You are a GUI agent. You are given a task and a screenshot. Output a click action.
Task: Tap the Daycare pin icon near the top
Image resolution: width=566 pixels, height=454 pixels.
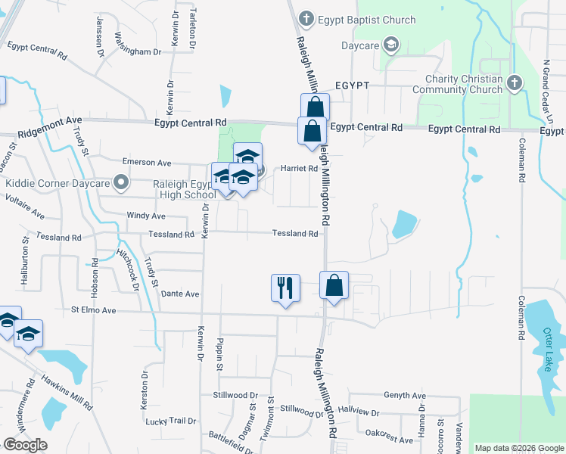point(391,45)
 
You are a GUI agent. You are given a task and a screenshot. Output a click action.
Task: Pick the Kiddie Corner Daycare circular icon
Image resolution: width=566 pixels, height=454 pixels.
point(119,182)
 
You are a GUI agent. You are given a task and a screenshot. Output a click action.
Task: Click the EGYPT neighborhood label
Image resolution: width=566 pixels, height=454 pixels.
point(353,86)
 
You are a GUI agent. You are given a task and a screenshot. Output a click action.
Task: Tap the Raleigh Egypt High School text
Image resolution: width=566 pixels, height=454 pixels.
point(175,189)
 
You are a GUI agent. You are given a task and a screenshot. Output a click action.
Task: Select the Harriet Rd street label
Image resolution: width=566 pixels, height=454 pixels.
point(299,169)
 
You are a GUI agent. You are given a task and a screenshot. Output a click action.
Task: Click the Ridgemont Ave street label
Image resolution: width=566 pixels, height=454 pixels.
point(51,120)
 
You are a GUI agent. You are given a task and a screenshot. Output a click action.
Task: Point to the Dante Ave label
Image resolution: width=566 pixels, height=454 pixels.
point(180,294)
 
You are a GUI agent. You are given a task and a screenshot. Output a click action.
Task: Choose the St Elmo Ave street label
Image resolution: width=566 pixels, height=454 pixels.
point(93,310)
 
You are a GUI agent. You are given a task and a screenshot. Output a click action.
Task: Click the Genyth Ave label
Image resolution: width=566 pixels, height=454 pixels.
point(405,396)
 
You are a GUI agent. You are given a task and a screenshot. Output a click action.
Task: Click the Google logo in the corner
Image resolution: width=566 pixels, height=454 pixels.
point(25,445)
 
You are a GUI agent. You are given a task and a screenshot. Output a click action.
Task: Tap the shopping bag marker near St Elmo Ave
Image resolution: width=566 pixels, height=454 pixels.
point(334,286)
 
